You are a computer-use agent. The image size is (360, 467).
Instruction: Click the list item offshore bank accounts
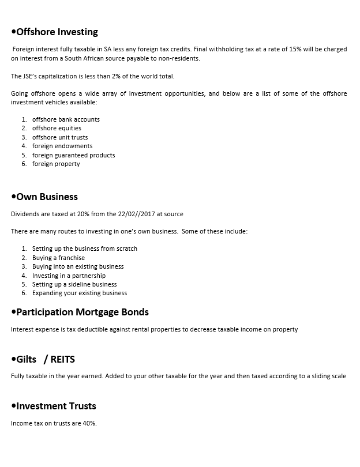66,119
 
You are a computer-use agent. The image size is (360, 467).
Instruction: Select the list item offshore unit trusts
60,137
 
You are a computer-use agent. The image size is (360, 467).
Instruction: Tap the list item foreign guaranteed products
73,155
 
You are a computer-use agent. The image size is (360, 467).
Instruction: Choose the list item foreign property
56,164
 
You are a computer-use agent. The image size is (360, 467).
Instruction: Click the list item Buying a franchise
58,258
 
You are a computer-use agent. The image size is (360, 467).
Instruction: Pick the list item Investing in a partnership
69,276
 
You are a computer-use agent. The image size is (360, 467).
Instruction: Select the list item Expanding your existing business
80,293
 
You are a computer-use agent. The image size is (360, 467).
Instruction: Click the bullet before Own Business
13,197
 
